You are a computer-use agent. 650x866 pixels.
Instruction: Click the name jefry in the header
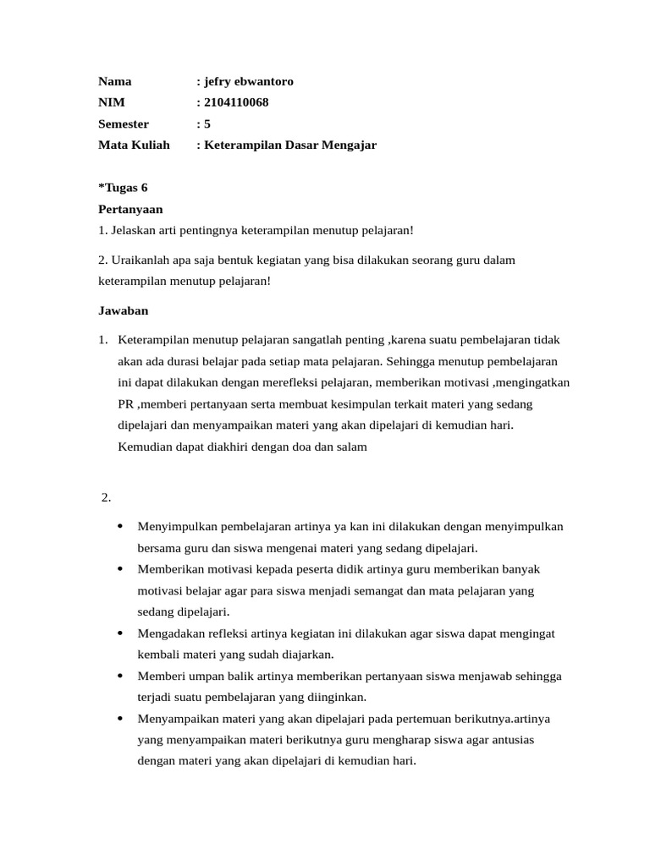tap(220, 82)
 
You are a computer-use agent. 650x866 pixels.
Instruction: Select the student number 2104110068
tap(236, 103)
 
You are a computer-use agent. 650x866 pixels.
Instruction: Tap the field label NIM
tap(111, 103)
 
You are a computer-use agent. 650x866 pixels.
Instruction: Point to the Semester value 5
tap(207, 124)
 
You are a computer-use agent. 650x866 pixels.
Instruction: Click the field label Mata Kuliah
tap(134, 145)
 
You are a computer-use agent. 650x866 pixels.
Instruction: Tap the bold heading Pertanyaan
tap(130, 209)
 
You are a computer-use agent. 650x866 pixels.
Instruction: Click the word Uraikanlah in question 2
tap(138, 260)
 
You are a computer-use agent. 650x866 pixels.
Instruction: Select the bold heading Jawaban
tap(124, 310)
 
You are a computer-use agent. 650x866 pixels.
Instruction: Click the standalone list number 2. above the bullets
tap(107, 497)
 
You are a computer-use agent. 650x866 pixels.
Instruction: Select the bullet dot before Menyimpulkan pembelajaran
tap(120, 526)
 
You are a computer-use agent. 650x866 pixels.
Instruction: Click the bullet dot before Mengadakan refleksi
tap(120, 633)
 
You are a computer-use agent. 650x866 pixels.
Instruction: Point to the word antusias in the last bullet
tap(510, 739)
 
